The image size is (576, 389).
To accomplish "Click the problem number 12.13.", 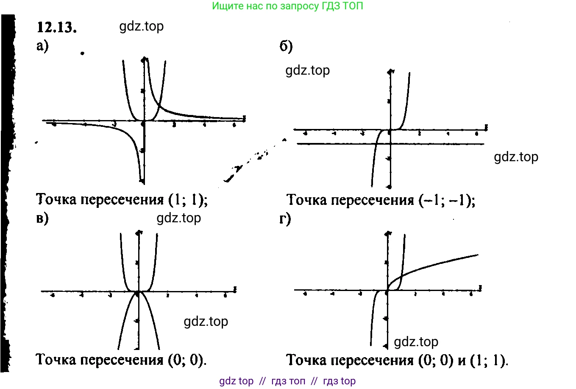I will click(57, 28).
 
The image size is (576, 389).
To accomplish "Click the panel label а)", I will click(42, 45).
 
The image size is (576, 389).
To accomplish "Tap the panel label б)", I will click(286, 46).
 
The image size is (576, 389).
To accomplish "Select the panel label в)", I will click(42, 218).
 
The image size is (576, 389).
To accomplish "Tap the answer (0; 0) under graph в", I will click(187, 360).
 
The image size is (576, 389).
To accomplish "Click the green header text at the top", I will click(287, 6).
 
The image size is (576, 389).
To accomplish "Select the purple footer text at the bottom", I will click(287, 381).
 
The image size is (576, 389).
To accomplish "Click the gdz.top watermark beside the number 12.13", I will click(141, 26).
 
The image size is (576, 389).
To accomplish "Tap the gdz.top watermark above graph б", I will click(307, 70).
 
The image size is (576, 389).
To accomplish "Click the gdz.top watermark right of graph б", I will click(516, 157).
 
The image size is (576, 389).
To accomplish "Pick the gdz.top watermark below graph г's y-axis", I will click(416, 341).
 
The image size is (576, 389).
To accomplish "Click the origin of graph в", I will click(138, 292).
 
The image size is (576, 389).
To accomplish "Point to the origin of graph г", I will click(387, 291).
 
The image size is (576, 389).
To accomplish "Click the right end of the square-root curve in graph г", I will click(477, 255).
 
